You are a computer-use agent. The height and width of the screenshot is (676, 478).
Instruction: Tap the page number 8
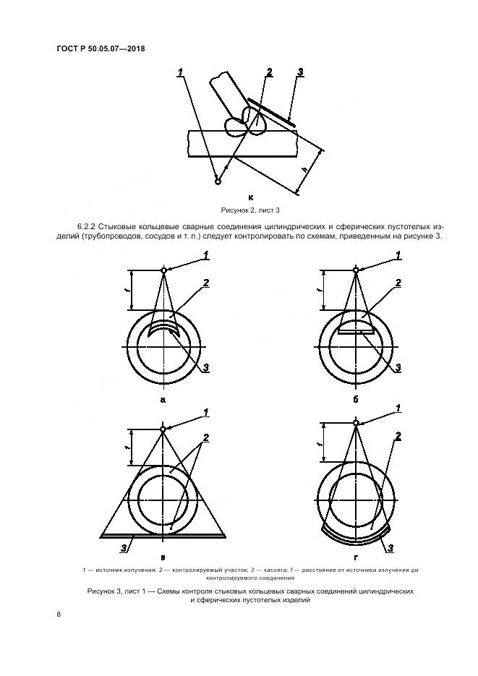click(x=59, y=615)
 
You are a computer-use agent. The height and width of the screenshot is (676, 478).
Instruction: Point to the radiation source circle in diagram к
click(x=217, y=181)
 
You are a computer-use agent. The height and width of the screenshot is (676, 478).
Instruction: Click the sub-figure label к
click(x=250, y=196)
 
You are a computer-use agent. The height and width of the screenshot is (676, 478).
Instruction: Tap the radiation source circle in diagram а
click(x=164, y=271)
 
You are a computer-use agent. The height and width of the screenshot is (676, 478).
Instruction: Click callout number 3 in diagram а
click(x=206, y=369)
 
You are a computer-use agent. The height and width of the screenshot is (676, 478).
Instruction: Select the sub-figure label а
click(x=163, y=399)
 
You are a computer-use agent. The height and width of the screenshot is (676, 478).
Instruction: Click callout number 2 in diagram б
click(x=398, y=283)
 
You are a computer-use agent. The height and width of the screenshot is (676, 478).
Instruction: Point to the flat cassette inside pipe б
click(x=355, y=331)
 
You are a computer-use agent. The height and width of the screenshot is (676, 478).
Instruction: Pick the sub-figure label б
click(x=356, y=399)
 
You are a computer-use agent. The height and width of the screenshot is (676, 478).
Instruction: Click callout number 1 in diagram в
click(x=206, y=413)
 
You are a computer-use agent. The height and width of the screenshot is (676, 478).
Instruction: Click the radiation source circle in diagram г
click(x=355, y=424)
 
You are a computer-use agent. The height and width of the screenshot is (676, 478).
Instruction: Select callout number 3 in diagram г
click(x=390, y=549)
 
